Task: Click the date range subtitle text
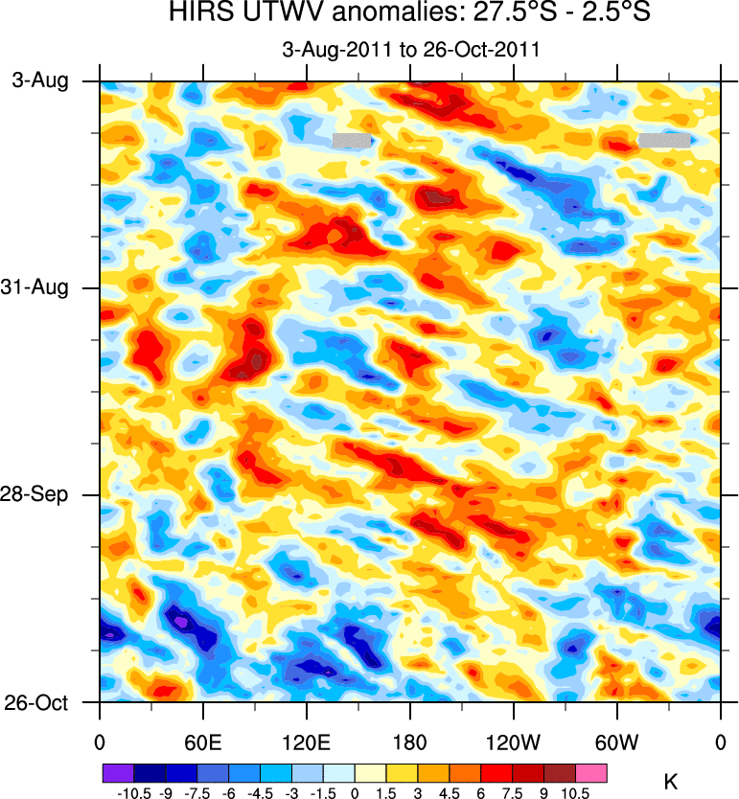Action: click(410, 50)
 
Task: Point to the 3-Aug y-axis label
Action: click(40, 81)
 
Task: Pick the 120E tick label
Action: click(306, 742)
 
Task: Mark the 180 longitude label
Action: click(409, 742)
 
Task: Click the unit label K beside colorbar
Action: click(671, 783)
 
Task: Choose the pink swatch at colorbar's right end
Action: click(591, 771)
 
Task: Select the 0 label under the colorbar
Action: click(355, 793)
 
